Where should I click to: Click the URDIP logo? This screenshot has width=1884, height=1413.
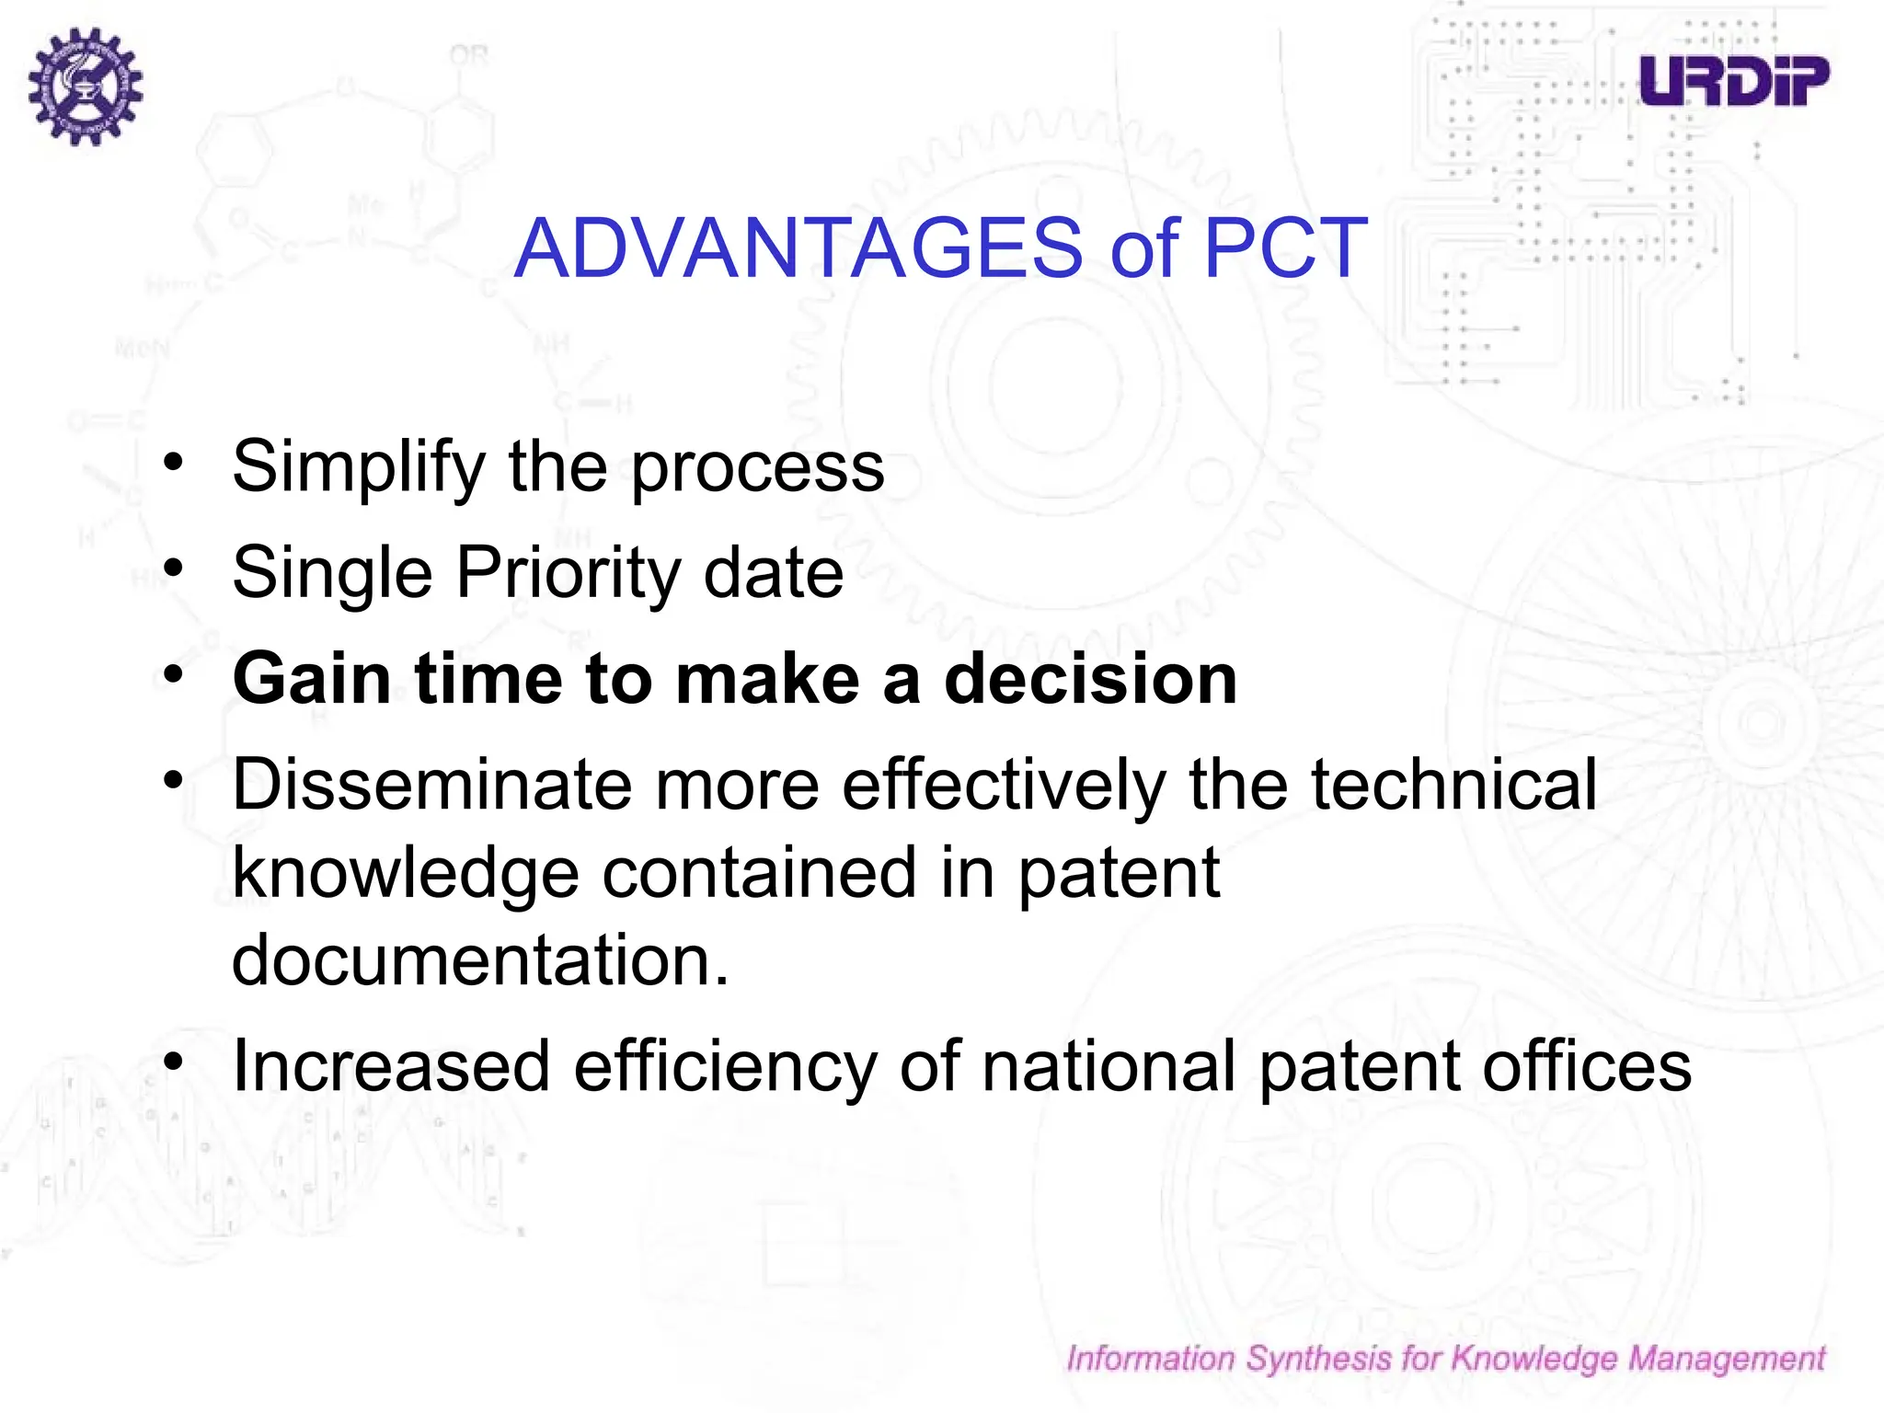tap(1733, 81)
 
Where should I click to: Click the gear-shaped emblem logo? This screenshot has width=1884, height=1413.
tap(85, 86)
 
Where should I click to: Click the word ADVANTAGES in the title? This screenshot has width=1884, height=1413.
tap(798, 248)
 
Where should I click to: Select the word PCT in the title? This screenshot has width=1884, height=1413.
tap(1285, 248)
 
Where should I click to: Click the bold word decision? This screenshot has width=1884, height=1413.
tap(1090, 679)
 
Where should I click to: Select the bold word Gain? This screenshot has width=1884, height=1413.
tap(312, 679)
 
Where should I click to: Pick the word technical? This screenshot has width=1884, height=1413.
tap(1453, 785)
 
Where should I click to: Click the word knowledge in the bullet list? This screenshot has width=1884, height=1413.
tap(405, 873)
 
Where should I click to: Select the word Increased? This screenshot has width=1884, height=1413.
tap(391, 1067)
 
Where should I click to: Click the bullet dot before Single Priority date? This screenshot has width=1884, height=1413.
tap(174, 568)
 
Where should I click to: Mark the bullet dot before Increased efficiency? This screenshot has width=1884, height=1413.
tap(174, 1062)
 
